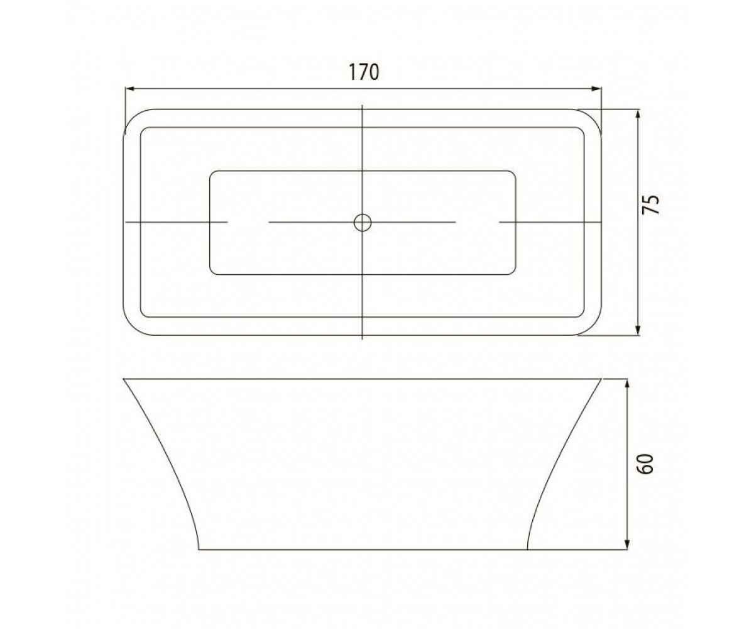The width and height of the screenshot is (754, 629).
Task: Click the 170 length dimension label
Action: (364, 72)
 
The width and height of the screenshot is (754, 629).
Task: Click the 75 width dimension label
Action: (650, 204)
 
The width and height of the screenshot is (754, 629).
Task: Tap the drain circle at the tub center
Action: (363, 222)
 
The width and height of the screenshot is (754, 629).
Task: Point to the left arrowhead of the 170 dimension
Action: (129, 88)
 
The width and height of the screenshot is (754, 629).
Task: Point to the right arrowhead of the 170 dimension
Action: (596, 88)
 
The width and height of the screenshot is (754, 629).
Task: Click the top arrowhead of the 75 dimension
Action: (638, 114)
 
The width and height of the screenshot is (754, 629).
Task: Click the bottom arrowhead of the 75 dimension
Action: (638, 330)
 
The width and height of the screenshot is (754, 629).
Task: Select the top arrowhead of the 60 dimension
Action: (627, 384)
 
